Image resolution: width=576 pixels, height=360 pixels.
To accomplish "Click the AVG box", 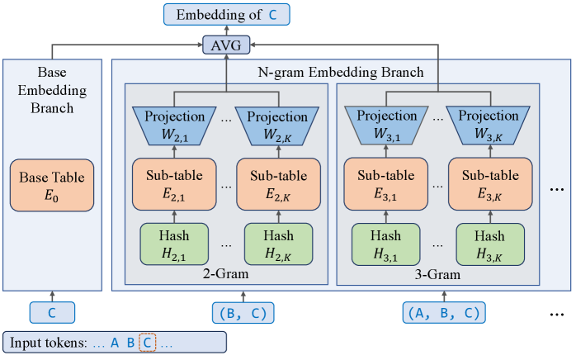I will pyautogui.click(x=226, y=45).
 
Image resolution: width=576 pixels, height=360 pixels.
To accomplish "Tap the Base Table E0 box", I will pyautogui.click(x=53, y=185).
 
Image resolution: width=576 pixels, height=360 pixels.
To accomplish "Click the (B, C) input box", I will pyautogui.click(x=243, y=313).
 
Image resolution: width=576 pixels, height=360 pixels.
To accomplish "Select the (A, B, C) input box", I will pyautogui.click(x=443, y=313).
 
